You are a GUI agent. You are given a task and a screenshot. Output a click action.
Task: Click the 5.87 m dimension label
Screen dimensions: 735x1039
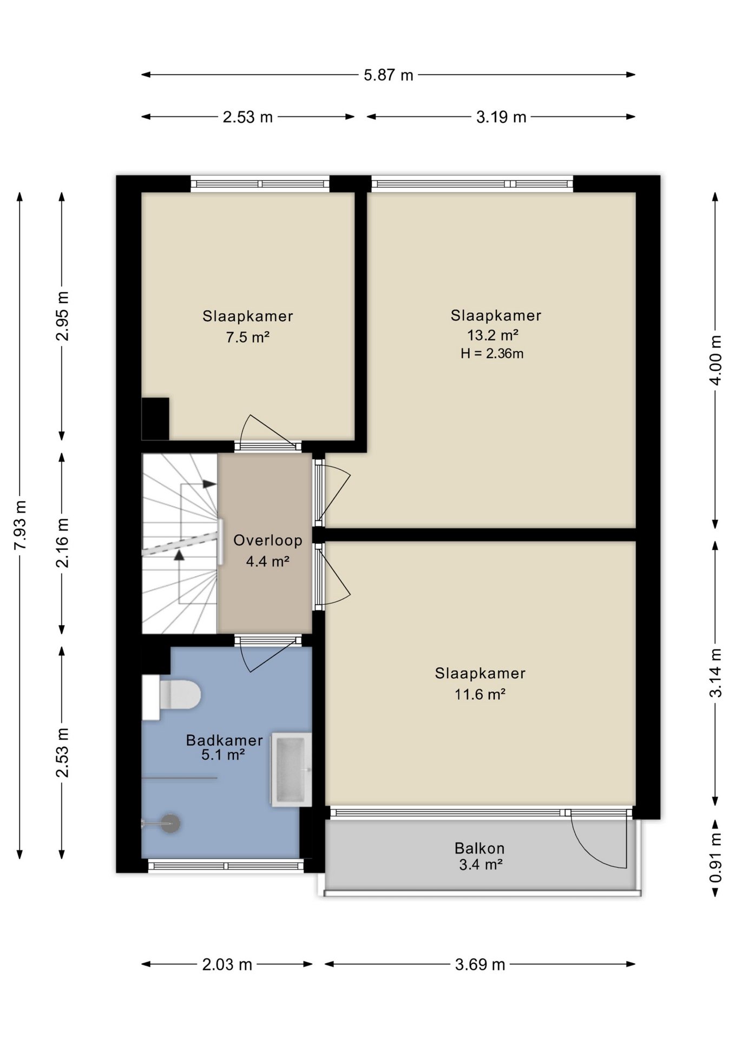tap(388, 75)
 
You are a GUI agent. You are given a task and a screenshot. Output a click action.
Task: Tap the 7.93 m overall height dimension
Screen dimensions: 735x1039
tap(20, 524)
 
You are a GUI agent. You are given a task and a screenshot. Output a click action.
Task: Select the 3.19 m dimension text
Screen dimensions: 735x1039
tap(501, 117)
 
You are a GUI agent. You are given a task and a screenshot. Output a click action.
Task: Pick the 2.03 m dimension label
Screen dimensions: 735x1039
tap(227, 964)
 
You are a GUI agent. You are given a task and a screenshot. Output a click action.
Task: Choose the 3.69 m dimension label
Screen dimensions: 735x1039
tap(480, 964)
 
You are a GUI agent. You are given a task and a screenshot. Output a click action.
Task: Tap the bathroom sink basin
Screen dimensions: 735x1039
tap(291, 770)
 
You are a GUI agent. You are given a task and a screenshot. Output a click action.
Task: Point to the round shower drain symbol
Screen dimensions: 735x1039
tap(170, 824)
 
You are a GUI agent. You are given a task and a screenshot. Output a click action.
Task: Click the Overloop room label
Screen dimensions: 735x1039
tap(267, 540)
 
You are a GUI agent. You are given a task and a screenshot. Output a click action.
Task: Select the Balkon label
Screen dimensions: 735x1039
tap(480, 848)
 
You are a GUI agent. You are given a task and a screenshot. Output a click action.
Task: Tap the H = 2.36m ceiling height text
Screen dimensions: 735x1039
tap(492, 354)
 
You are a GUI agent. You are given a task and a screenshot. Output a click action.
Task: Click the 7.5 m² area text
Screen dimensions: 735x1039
tap(247, 338)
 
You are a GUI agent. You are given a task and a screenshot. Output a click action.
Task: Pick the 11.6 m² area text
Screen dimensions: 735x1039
tap(480, 694)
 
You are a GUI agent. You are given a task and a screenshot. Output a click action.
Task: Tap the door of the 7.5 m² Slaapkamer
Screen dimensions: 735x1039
tap(268, 431)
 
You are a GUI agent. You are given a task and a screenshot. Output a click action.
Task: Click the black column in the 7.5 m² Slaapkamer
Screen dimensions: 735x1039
tap(155, 419)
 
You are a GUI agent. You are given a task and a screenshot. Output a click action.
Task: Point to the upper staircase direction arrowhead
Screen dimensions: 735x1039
tap(209, 484)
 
